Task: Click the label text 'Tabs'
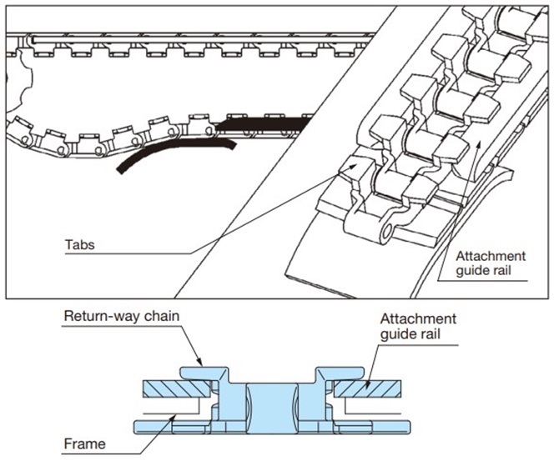[78, 246]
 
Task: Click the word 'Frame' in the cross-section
[84, 443]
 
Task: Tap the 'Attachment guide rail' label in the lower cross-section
[417, 327]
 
